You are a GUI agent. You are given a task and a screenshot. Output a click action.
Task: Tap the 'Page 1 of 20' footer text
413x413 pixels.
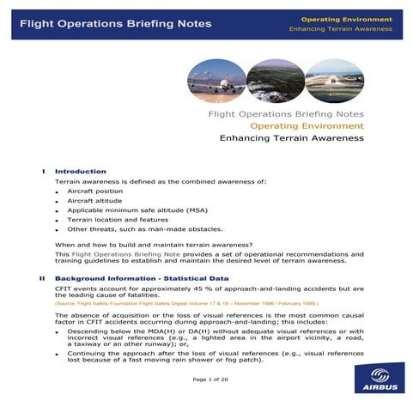point(206,379)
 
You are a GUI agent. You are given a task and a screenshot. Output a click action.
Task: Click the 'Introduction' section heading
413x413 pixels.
point(81,172)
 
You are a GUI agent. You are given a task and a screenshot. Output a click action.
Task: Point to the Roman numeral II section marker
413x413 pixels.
point(42,279)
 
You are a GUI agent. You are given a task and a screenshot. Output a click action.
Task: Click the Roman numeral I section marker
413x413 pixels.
point(44,172)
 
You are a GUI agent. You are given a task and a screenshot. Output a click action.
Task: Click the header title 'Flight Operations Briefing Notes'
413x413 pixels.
point(115,24)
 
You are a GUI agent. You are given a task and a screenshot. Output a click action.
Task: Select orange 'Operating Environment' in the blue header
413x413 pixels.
point(347,19)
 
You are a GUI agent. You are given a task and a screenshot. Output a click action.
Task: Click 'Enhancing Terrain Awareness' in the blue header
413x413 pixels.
point(341,29)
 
